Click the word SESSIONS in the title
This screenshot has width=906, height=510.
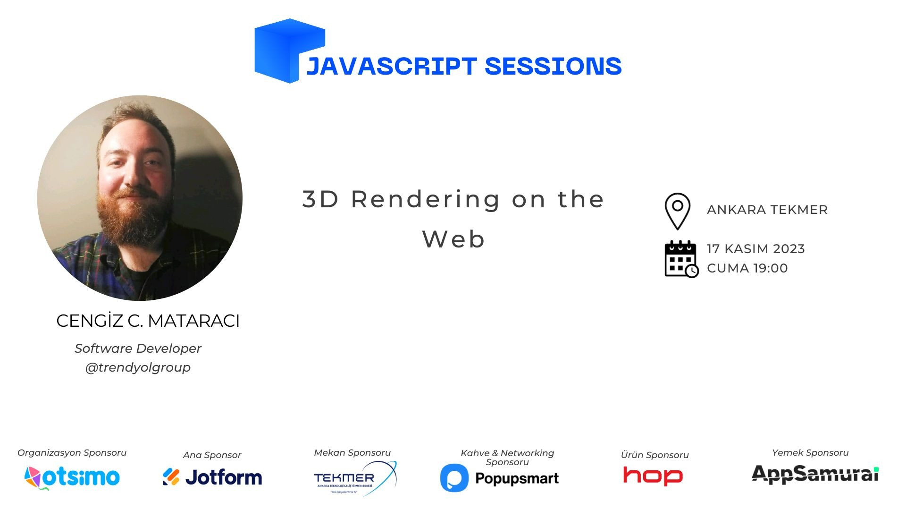tap(553, 66)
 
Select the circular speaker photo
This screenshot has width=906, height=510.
tap(140, 198)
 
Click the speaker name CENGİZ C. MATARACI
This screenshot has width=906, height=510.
tap(148, 321)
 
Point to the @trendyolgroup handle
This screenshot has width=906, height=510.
tap(138, 367)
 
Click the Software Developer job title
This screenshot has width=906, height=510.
tap(138, 348)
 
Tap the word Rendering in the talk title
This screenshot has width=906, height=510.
tap(425, 199)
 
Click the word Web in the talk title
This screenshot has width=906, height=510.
tap(453, 239)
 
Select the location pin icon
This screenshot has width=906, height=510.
tap(677, 211)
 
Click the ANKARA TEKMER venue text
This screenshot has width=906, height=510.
tap(767, 210)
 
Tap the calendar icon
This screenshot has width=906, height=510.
tap(681, 259)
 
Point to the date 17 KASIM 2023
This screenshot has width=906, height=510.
tap(755, 249)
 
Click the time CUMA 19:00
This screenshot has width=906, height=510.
tap(747, 268)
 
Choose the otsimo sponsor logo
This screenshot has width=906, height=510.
tap(72, 477)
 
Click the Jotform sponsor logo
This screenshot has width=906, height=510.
tap(212, 477)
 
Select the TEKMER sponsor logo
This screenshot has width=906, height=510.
tap(354, 478)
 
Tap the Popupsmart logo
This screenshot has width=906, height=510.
tap(499, 478)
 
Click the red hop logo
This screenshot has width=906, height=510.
tap(653, 476)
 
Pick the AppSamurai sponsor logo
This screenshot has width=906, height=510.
tap(815, 474)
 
